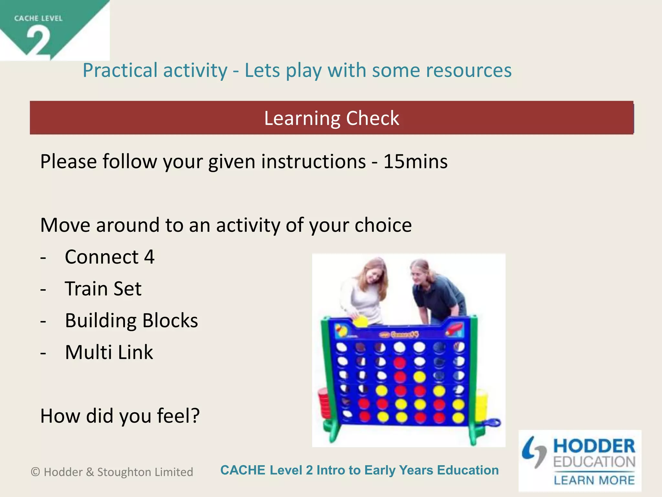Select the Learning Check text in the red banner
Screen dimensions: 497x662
click(331, 118)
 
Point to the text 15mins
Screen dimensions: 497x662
click(415, 161)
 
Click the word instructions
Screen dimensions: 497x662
click(313, 161)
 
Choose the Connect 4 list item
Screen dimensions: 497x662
click(110, 257)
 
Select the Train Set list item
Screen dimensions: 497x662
click(103, 289)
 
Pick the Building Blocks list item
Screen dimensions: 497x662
click(131, 320)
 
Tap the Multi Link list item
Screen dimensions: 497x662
click(109, 352)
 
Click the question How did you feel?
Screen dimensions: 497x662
click(120, 416)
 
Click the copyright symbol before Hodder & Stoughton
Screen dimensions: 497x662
click(35, 472)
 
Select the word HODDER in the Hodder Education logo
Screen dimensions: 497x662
click(594, 446)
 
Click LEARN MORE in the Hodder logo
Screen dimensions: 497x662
click(594, 480)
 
